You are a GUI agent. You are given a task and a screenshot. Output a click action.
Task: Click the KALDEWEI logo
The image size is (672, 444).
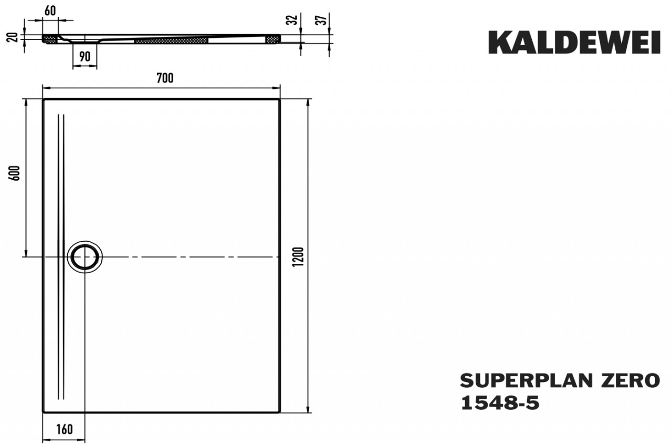point(574,43)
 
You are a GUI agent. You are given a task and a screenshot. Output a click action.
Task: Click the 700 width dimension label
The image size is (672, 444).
point(164,78)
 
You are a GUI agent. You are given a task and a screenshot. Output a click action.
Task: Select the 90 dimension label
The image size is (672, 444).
point(85,56)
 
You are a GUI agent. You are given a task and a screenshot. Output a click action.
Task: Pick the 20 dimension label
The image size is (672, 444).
point(15,37)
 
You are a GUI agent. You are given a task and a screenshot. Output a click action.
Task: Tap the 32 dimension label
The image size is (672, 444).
point(293,20)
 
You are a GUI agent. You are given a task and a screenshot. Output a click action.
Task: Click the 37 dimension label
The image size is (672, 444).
point(324,20)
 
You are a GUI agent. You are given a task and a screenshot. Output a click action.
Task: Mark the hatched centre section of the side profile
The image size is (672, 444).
point(171,40)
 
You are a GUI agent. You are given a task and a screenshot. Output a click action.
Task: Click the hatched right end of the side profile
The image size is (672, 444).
point(273,40)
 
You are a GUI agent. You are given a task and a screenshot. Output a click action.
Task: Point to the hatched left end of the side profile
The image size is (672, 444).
point(50,40)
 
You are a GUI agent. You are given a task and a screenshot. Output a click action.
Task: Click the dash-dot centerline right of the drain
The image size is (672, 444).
point(189,257)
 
